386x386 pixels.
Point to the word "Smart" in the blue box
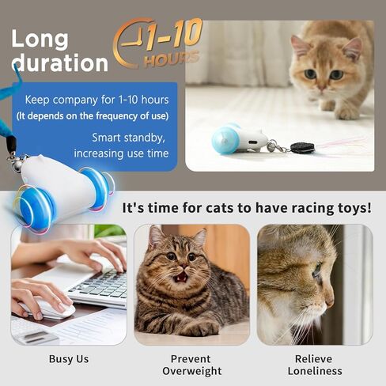click(x=106, y=138)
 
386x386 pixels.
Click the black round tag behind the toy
click(x=303, y=148)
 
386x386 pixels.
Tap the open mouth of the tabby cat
click(x=181, y=277)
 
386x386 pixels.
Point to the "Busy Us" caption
click(x=69, y=359)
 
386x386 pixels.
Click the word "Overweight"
click(x=192, y=371)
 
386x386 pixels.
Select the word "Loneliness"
click(x=315, y=371)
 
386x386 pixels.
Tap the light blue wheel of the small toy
click(x=225, y=139)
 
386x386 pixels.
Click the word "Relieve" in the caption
click(x=313, y=359)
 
